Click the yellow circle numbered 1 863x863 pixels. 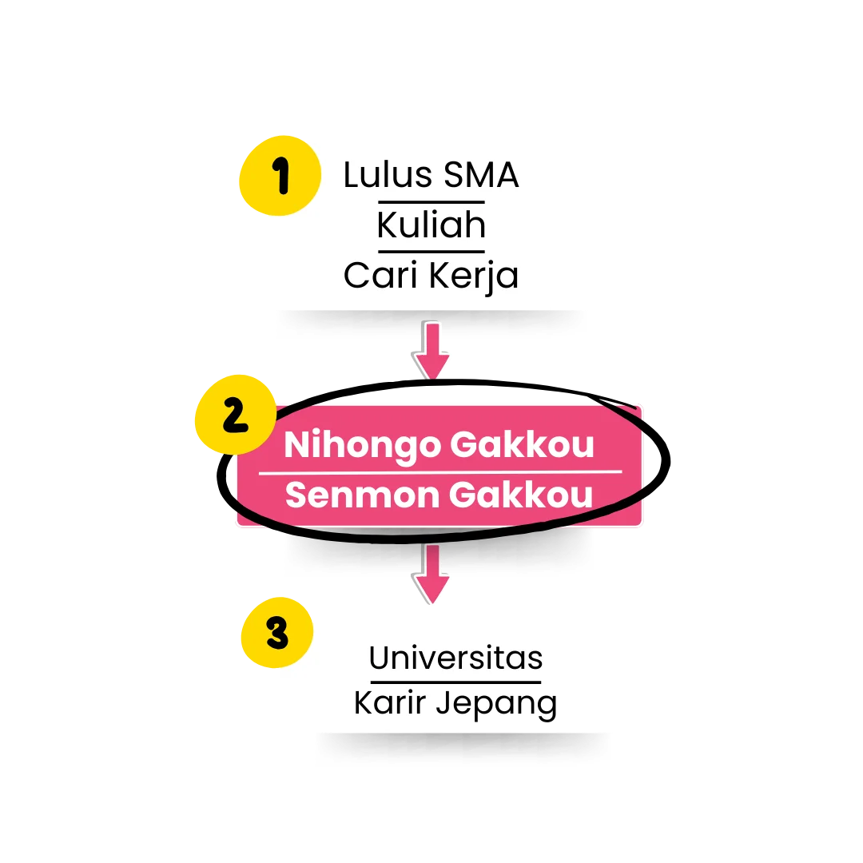click(x=280, y=176)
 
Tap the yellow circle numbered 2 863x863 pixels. click(x=236, y=415)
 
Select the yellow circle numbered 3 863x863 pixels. click(x=276, y=632)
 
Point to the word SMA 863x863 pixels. click(x=481, y=175)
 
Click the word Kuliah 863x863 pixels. click(x=431, y=225)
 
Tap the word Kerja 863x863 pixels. click(x=474, y=276)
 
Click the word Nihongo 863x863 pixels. click(x=362, y=446)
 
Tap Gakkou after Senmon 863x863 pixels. click(x=521, y=495)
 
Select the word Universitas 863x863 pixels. click(x=455, y=658)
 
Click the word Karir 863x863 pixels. click(x=390, y=703)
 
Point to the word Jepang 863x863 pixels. click(x=496, y=705)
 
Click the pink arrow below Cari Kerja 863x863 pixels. click(x=432, y=350)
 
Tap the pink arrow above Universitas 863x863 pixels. click(x=431, y=574)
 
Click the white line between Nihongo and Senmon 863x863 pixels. click(x=440, y=472)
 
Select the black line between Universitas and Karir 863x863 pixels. click(x=455, y=682)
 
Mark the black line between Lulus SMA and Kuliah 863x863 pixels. click(x=431, y=202)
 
